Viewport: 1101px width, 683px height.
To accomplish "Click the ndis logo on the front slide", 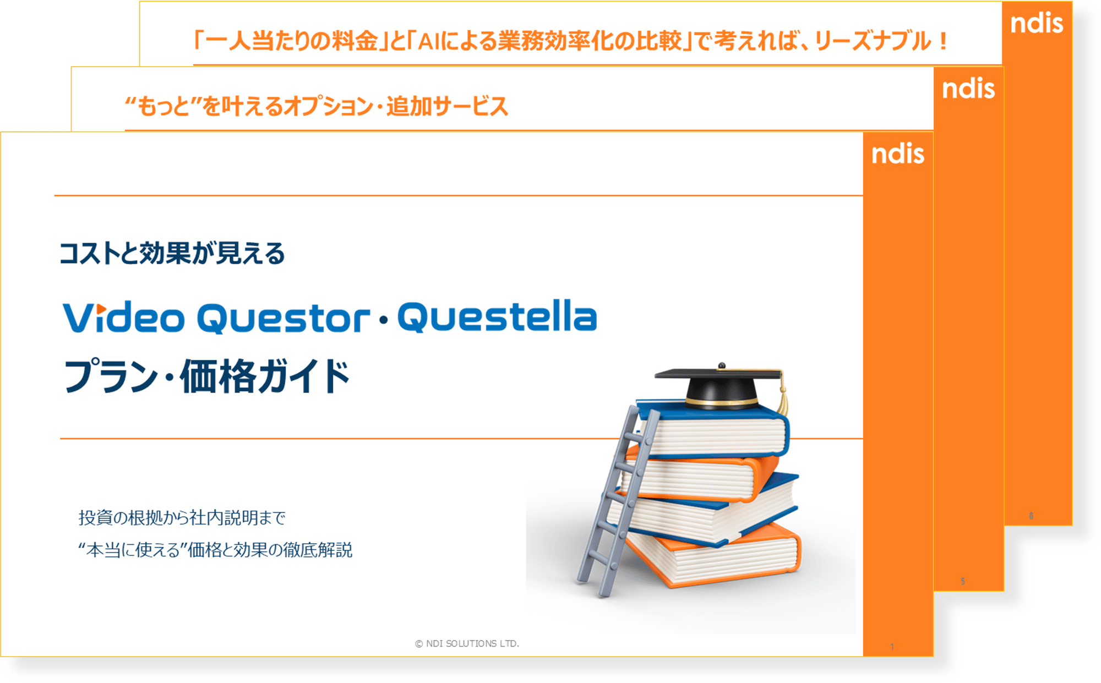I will point(897,154).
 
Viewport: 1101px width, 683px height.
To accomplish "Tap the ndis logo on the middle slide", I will point(968,89).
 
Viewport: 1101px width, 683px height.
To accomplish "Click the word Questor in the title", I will point(283,319).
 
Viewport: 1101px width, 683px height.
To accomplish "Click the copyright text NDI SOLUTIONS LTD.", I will point(467,643).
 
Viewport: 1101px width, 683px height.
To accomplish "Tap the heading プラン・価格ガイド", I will point(207,377).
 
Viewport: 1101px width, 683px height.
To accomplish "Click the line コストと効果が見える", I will point(172,254).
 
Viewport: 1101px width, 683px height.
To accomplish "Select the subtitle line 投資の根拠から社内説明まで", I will point(182,518).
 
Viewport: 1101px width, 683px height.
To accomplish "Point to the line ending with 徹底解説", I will point(215,550).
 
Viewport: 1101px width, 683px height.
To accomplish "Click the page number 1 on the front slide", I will point(892,647).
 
